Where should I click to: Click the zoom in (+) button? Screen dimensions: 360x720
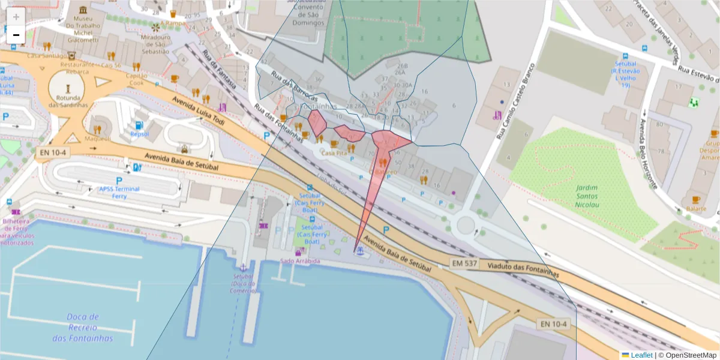16,17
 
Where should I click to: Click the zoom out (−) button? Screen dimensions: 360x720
16,35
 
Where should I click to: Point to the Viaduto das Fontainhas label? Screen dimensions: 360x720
523,270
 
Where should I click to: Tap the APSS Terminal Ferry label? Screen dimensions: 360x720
119,192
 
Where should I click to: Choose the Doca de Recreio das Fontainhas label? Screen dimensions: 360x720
83,328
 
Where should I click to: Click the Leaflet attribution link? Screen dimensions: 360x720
641,355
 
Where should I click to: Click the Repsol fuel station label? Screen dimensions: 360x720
140,134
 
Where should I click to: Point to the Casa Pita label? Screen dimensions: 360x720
334,154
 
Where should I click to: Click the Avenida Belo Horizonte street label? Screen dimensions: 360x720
649,153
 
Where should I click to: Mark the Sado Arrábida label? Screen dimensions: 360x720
301,261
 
